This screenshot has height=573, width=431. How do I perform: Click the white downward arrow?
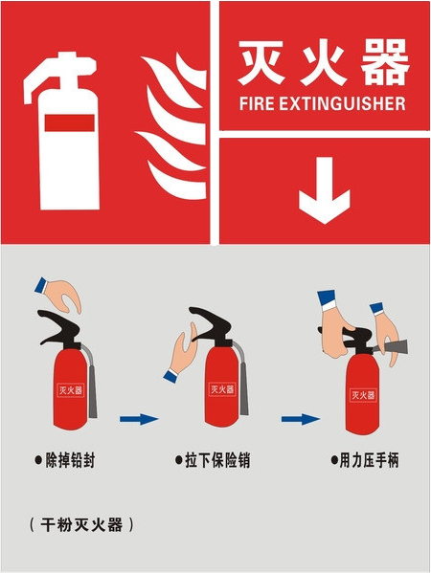click(324, 190)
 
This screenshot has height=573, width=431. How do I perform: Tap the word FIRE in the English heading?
click(257, 103)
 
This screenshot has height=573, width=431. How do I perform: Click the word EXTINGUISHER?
click(343, 103)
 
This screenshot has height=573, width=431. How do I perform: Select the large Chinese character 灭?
click(261, 62)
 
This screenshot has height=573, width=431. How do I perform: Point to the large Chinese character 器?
click(384, 62)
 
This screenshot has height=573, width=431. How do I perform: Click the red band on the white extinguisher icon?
click(70, 122)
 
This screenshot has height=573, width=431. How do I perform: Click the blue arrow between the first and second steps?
click(139, 419)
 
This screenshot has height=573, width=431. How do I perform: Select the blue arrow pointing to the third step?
click(301, 419)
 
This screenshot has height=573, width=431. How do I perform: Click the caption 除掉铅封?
click(70, 460)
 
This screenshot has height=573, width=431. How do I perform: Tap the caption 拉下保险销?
click(217, 460)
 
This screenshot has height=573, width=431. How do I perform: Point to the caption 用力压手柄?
click(369, 460)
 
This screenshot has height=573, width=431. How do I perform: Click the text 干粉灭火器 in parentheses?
click(81, 525)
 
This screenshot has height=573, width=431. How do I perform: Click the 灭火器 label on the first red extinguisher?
click(70, 390)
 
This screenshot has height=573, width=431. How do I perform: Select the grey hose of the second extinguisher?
click(242, 380)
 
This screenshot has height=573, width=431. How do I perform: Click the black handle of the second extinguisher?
click(210, 326)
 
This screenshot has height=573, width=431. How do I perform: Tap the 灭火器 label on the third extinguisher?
click(363, 395)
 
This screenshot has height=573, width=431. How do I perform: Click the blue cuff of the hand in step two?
click(170, 376)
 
